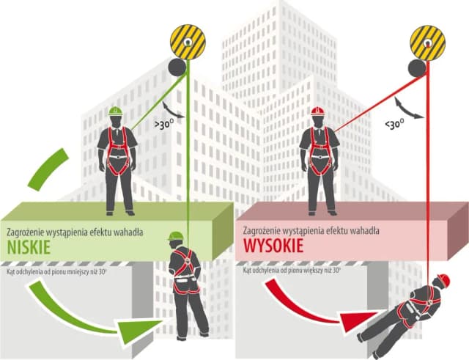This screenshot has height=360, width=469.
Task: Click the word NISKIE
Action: click(x=28, y=247)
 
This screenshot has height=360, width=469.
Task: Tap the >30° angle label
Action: click(x=164, y=125)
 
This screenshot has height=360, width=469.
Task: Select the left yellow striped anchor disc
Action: click(x=188, y=42)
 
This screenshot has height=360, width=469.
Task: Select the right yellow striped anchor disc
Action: click(x=428, y=42)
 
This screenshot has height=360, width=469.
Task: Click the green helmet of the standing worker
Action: click(x=115, y=111)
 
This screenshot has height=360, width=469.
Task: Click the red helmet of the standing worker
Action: click(x=317, y=111)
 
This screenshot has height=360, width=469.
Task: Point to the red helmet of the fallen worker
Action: click(x=443, y=280)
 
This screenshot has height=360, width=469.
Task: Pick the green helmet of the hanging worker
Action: click(x=175, y=236)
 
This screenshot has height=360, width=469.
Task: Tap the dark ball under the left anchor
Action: click(x=177, y=67)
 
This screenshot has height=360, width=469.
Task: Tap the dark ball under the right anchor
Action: click(x=417, y=67)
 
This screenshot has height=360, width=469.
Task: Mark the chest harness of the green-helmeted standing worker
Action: click(x=117, y=150)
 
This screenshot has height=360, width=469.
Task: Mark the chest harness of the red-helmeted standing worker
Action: click(x=318, y=150)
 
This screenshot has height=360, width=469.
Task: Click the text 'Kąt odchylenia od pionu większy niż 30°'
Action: click(x=292, y=271)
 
